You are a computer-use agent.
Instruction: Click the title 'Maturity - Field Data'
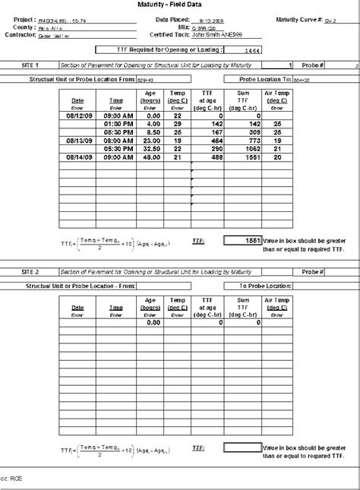click(x=180, y=5)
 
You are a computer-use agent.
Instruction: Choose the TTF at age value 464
click(x=213, y=141)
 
